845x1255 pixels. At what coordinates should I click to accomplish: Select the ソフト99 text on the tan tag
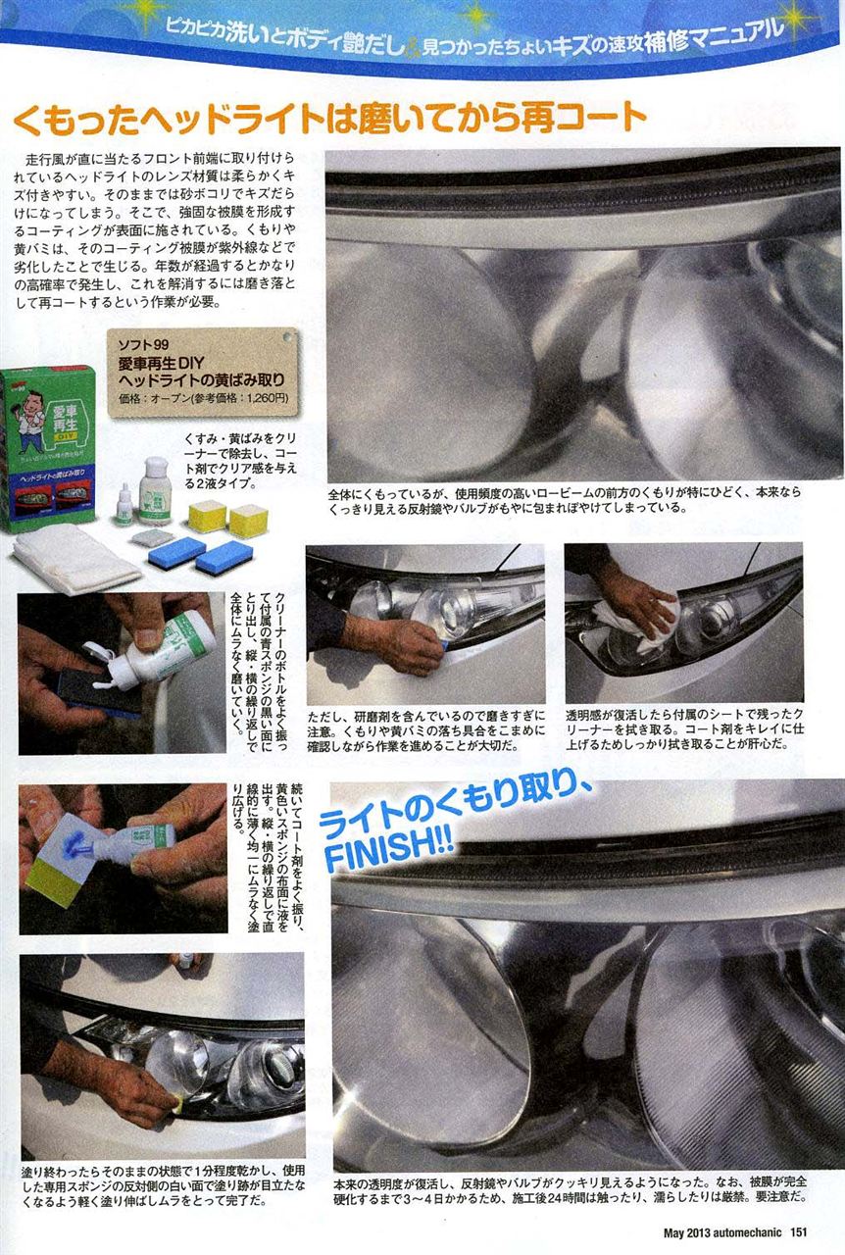pyautogui.click(x=143, y=344)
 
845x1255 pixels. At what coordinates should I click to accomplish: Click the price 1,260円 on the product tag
pyautogui.click(x=268, y=398)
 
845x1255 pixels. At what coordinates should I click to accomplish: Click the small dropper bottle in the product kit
pyautogui.click(x=124, y=505)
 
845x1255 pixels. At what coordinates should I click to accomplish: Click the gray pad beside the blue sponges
pyautogui.click(x=151, y=538)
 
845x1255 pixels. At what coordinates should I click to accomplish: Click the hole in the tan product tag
pyautogui.click(x=287, y=336)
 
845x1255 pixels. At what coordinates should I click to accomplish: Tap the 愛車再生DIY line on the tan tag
pyautogui.click(x=162, y=363)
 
